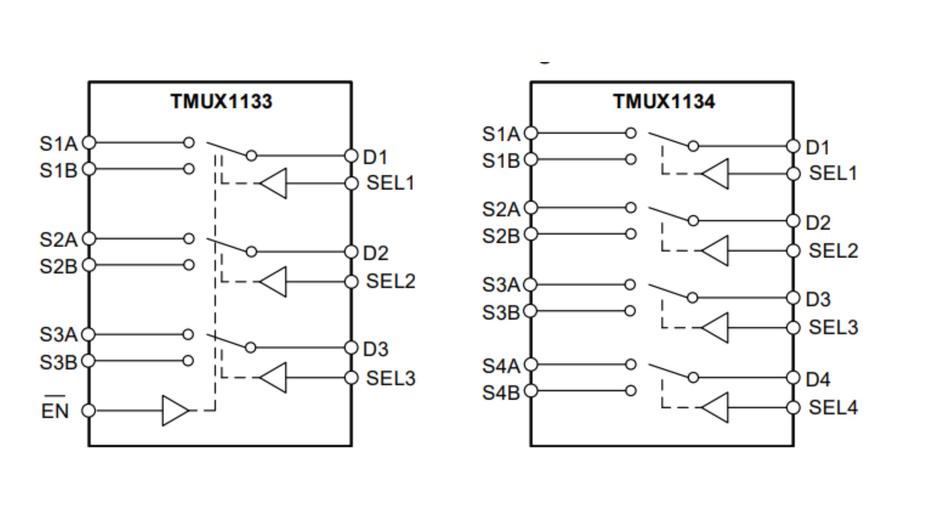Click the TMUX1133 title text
221,101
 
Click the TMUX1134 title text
664,101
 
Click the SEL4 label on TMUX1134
833,407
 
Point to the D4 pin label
818,379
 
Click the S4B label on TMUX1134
501,392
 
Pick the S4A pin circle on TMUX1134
531,364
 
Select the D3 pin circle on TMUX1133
351,348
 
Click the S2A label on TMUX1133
58,239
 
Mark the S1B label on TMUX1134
501,161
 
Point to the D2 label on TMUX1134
818,223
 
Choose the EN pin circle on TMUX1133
89,410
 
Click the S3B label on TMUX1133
58,362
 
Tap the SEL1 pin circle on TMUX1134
793,174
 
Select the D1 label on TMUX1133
375,157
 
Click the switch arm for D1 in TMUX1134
668,139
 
